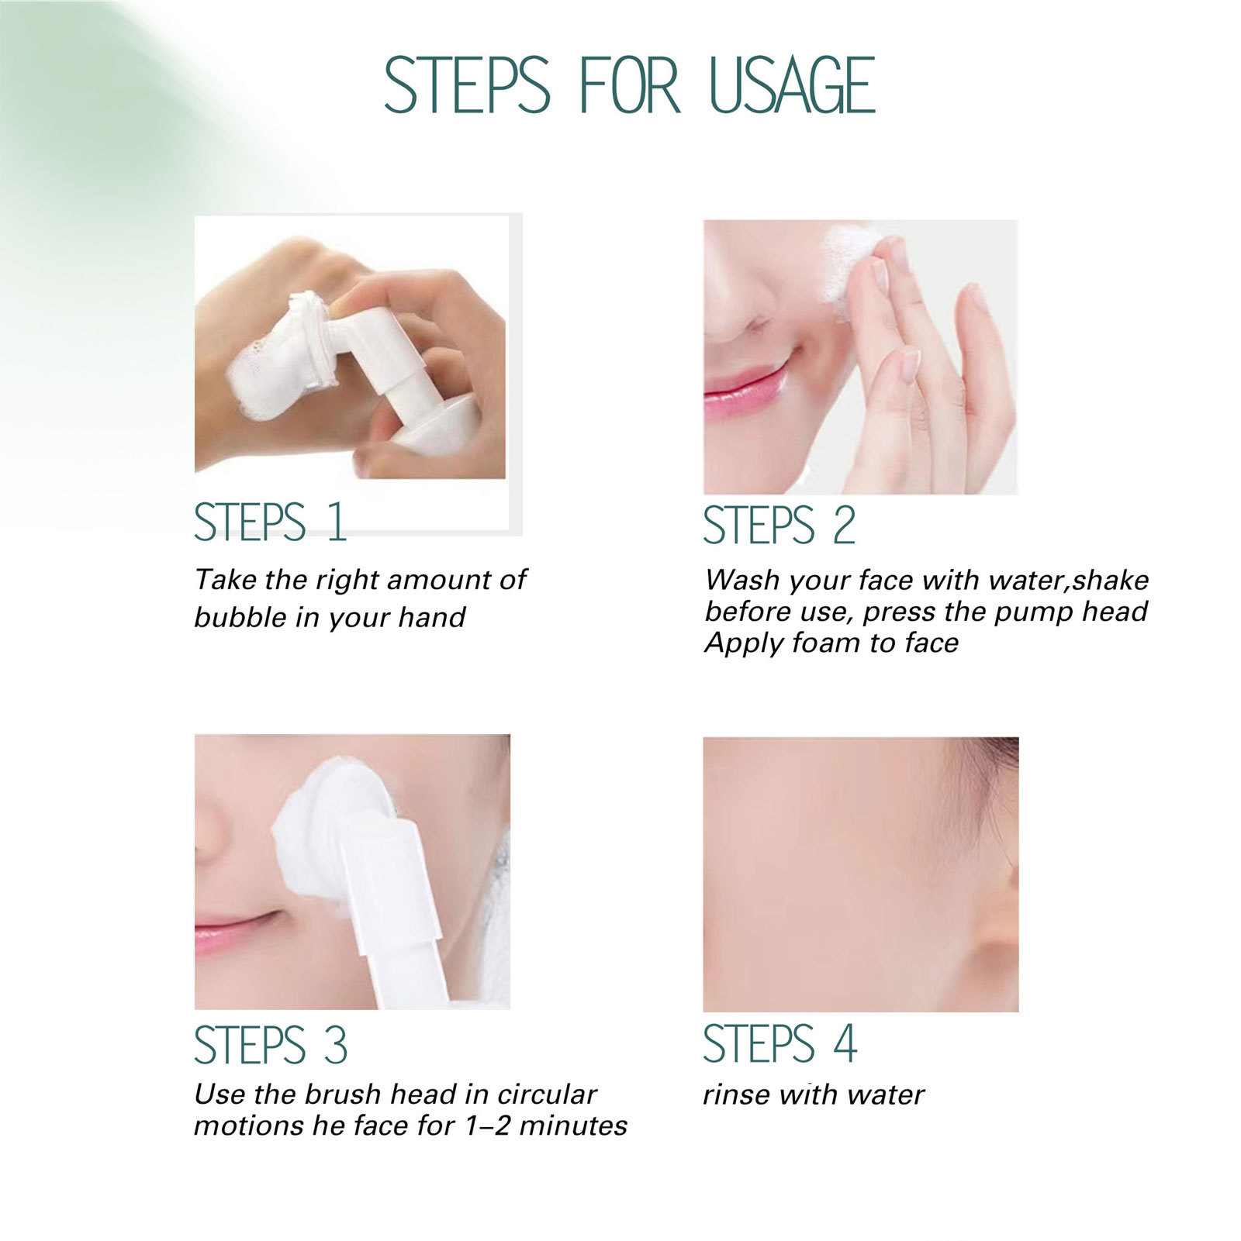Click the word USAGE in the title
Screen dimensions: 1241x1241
coord(792,85)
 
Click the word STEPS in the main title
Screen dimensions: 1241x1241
coord(467,85)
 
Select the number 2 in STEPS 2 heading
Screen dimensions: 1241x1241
coord(843,526)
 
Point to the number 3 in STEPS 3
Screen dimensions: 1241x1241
coord(335,1045)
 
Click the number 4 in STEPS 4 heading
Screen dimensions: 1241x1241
coord(845,1043)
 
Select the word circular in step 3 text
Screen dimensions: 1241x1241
coord(547,1094)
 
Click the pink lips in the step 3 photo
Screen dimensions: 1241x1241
coord(233,930)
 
